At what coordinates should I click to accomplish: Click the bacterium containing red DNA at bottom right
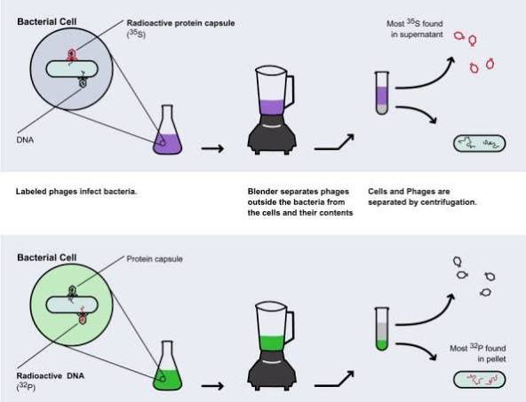[479, 380]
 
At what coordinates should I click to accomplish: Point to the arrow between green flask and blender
[212, 386]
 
